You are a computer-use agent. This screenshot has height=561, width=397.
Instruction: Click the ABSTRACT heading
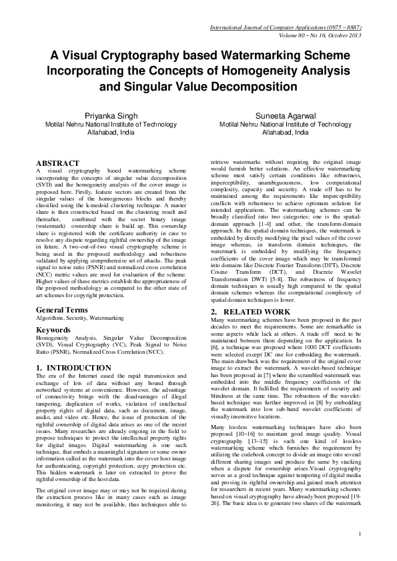click(57, 163)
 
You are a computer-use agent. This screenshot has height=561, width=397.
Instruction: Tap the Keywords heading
click(54, 330)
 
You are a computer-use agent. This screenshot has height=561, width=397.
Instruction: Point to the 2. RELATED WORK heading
click(250, 312)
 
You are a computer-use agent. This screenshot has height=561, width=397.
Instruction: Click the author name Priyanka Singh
click(110, 115)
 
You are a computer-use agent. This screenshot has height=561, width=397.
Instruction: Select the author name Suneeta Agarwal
click(285, 115)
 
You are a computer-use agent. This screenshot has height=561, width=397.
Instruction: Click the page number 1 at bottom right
click(359, 533)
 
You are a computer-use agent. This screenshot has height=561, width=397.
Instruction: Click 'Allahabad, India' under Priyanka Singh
click(110, 133)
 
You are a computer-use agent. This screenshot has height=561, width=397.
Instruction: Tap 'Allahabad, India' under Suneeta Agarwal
click(285, 133)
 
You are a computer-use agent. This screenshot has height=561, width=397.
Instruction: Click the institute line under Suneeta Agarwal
click(285, 124)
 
